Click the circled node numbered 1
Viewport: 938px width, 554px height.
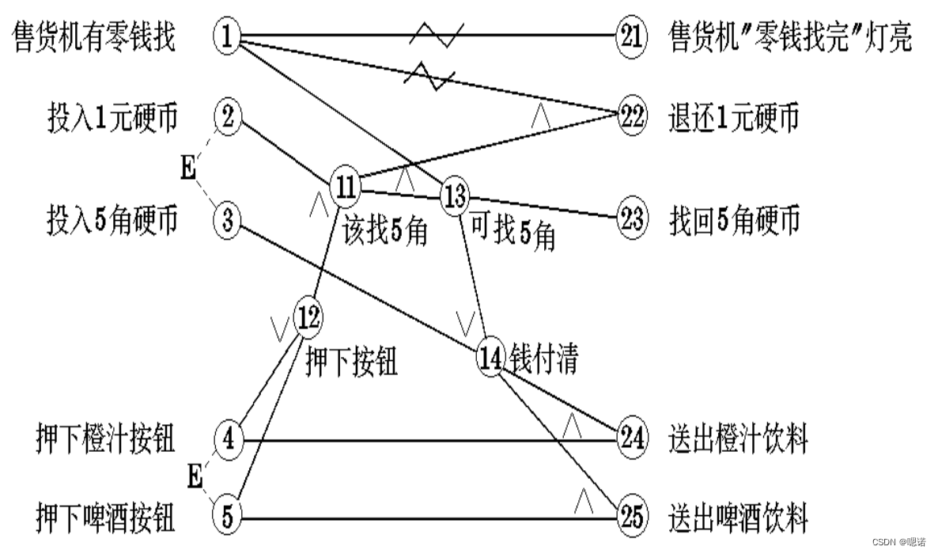227,36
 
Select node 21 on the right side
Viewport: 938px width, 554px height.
632,36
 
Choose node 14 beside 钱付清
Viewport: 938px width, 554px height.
490,358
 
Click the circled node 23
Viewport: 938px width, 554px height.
632,218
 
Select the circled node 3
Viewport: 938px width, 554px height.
227,219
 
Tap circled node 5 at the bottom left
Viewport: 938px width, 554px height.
227,518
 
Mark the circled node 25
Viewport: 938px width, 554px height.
632,518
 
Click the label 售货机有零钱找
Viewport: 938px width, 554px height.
94,37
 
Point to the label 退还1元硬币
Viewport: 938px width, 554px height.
732,117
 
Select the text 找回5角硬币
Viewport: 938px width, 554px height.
732,219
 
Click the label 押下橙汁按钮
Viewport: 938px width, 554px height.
105,438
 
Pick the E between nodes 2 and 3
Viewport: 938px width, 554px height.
188,169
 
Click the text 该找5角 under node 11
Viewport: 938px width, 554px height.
385,231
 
